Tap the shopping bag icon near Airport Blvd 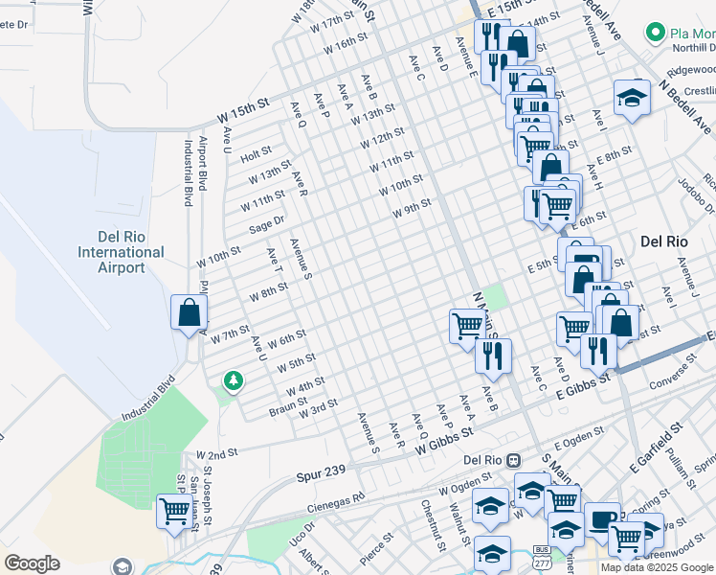pyautogui.click(x=190, y=312)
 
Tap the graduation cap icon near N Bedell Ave pyautogui.click(x=632, y=98)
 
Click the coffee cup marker pyautogui.click(x=601, y=519)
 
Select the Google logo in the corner pyautogui.click(x=32, y=563)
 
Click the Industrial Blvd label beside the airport pyautogui.click(x=188, y=173)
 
